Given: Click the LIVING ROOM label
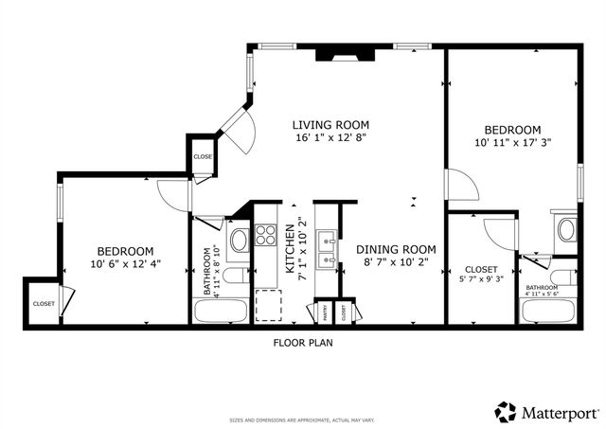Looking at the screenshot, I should pyautogui.click(x=330, y=125).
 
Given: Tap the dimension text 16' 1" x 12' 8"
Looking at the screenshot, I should pyautogui.click(x=330, y=138).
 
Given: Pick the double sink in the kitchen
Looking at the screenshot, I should pyautogui.click(x=327, y=248).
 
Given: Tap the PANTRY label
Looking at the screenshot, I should pyautogui.click(x=323, y=309).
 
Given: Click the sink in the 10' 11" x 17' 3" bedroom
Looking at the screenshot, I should pyautogui.click(x=566, y=229).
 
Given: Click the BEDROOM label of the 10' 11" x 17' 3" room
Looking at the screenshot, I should pyautogui.click(x=512, y=130).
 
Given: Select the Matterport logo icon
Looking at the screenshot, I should pyautogui.click(x=506, y=411).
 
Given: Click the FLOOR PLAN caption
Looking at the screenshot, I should pyautogui.click(x=304, y=345).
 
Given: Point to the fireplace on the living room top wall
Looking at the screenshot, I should pyautogui.click(x=336, y=54).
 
